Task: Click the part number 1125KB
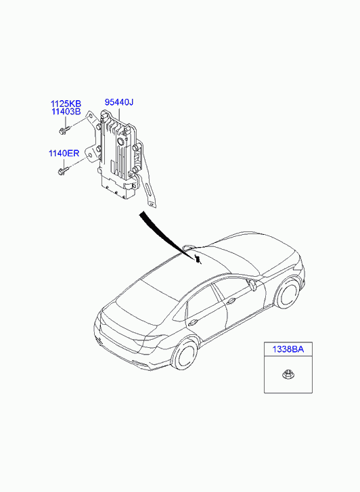(x=66, y=104)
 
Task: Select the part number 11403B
(x=66, y=112)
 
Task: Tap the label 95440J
(x=119, y=102)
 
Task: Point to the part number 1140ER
(x=64, y=154)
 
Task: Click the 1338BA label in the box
(x=288, y=349)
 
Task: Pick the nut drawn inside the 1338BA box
(x=286, y=374)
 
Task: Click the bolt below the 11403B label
(x=64, y=130)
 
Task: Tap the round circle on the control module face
(x=120, y=142)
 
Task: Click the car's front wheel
(x=288, y=294)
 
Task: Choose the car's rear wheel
(x=185, y=355)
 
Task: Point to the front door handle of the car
(x=231, y=302)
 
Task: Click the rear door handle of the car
(x=193, y=323)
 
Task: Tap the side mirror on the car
(x=252, y=284)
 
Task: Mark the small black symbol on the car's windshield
(x=198, y=259)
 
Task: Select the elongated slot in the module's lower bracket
(x=148, y=192)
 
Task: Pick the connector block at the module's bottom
(x=117, y=189)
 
